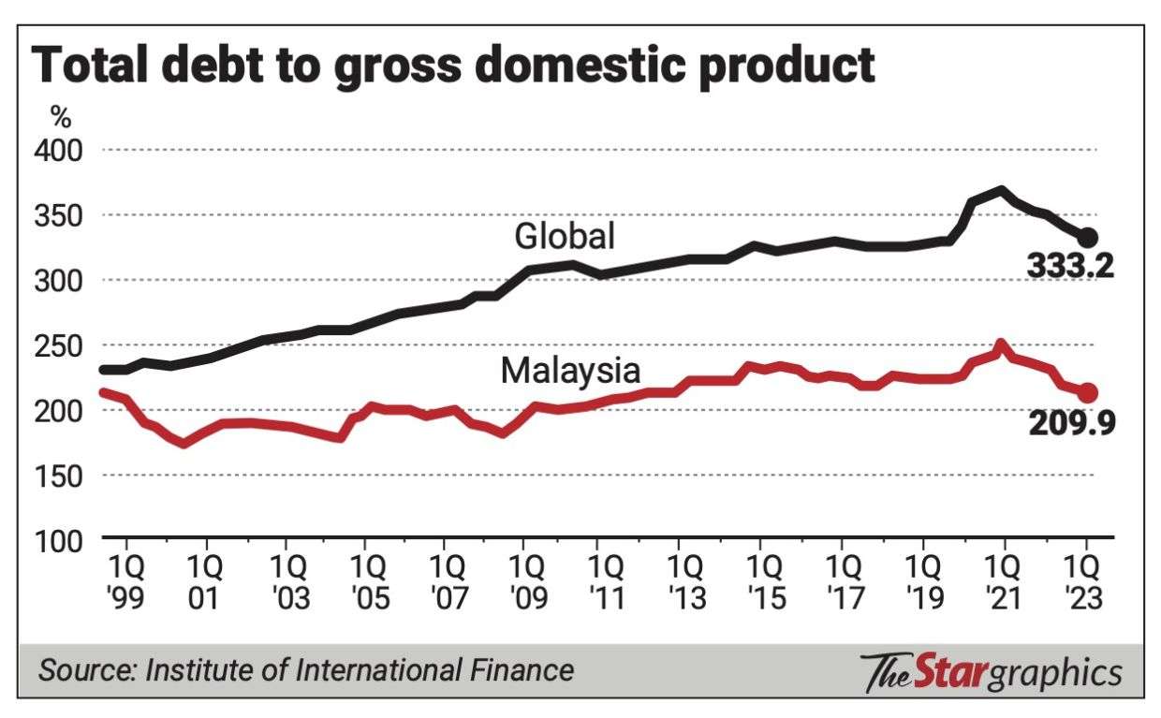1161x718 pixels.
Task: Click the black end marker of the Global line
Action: click(x=1087, y=238)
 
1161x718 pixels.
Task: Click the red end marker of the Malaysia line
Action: click(x=1087, y=393)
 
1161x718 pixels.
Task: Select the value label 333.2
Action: click(x=1069, y=267)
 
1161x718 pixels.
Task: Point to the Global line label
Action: click(x=565, y=236)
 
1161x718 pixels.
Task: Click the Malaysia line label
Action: click(x=570, y=371)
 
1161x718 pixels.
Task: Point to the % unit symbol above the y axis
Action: click(x=61, y=119)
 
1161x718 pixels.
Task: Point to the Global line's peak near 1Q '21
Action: click(x=1002, y=190)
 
